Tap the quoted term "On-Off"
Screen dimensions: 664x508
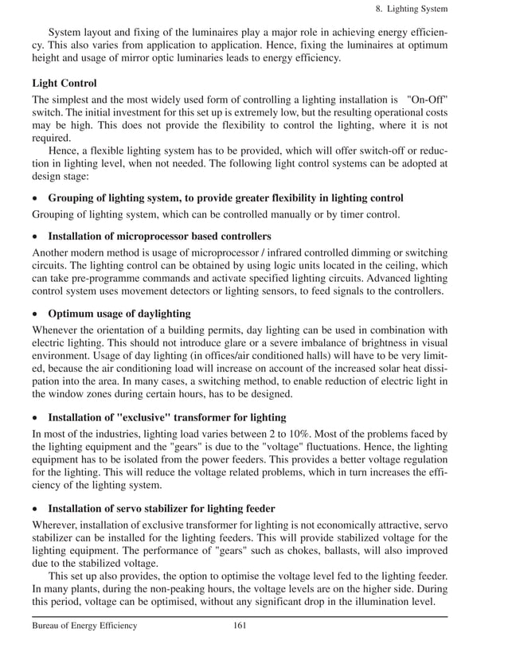pos(426,103)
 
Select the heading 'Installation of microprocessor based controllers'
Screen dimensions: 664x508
pos(159,236)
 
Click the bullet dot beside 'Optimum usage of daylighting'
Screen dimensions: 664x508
pos(36,314)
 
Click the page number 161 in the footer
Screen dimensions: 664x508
pos(239,626)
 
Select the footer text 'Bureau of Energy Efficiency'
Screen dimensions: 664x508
pos(84,626)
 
